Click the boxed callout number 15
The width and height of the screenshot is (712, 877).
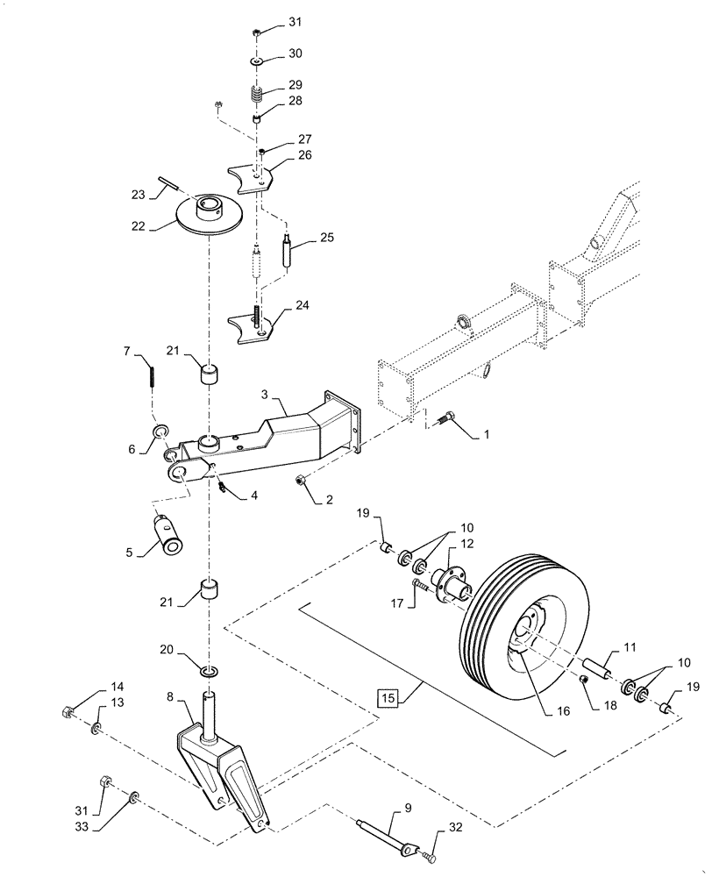click(x=387, y=698)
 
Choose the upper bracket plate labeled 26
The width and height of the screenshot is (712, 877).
click(x=253, y=175)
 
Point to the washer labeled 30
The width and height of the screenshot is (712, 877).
click(x=255, y=62)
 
